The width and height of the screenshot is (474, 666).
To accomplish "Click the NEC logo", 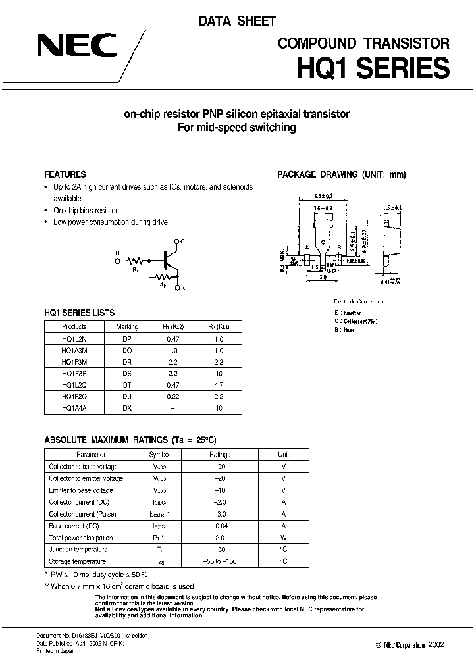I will (76, 45).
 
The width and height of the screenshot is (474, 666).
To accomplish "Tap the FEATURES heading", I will (65, 174).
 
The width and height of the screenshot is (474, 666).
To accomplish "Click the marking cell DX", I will (127, 408).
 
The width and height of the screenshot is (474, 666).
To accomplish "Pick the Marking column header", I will (127, 326).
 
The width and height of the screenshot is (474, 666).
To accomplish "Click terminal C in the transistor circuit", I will (182, 242).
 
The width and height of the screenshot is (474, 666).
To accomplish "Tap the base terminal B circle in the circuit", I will (117, 261).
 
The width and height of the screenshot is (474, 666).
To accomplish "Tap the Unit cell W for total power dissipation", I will (282, 538).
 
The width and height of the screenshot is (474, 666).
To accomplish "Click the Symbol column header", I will (159, 454).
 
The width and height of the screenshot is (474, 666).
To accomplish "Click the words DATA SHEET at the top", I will (237, 21).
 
